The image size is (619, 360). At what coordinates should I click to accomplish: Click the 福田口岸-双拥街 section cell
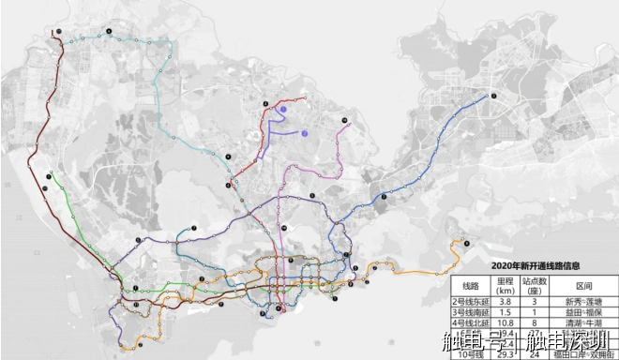click(582, 354)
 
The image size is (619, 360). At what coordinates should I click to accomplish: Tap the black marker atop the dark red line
click(60, 32)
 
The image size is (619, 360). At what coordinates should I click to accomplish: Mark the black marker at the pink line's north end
click(345, 120)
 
